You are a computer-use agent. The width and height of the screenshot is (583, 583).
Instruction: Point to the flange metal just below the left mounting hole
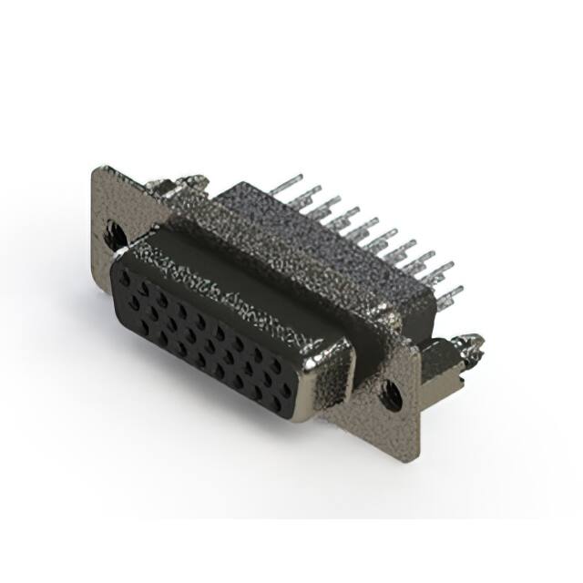[117, 260]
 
